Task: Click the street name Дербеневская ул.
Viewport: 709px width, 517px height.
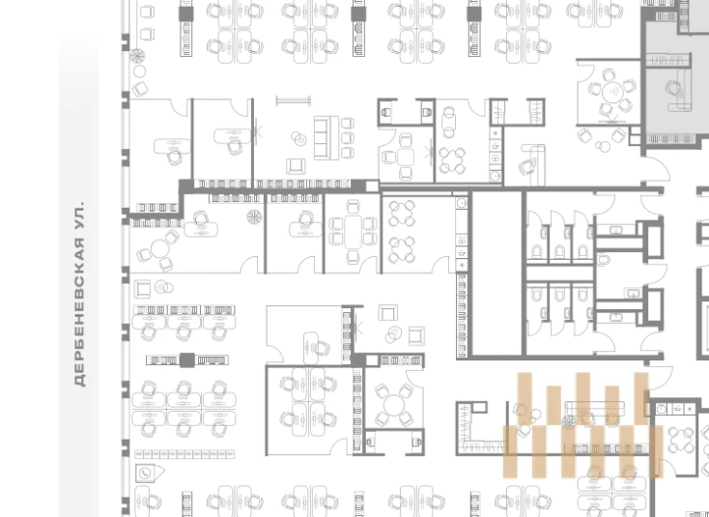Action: pos(79,294)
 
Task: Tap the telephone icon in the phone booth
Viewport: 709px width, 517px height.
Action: pos(144,474)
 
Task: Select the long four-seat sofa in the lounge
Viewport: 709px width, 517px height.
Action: pos(326,138)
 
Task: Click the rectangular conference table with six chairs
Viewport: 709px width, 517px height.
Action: pos(353,232)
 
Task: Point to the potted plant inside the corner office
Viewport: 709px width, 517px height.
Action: pos(254,217)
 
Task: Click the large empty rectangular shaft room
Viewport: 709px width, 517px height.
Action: pos(496,273)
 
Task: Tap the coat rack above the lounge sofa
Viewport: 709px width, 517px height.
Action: pos(294,101)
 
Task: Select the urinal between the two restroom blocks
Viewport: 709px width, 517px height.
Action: pos(604,260)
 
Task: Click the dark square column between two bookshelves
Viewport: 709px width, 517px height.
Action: pos(187,360)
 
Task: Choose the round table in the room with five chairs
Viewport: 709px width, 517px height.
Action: pos(613,92)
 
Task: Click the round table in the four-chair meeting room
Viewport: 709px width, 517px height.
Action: pos(394,404)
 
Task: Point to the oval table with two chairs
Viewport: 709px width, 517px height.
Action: pos(448,122)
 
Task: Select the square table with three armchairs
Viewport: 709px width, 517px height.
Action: pos(405,158)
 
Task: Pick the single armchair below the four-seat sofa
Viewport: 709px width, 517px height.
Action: pos(296,166)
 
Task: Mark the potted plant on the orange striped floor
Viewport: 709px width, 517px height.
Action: pos(568,421)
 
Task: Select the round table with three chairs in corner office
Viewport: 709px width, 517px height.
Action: pos(159,248)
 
